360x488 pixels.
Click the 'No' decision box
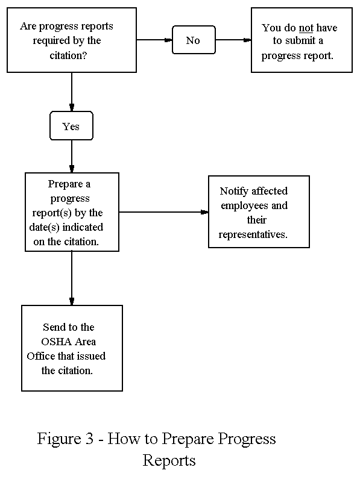pyautogui.click(x=192, y=40)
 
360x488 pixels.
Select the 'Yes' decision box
pyautogui.click(x=71, y=127)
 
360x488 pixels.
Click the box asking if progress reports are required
pyautogui.click(x=72, y=41)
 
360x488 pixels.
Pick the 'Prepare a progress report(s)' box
pyautogui.click(x=72, y=211)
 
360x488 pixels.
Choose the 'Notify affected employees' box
pyautogui.click(x=259, y=211)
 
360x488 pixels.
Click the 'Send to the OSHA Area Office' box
pyautogui.click(x=72, y=348)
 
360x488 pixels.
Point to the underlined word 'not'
pyautogui.click(x=306, y=28)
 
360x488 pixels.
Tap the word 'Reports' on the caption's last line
pyautogui.click(x=169, y=461)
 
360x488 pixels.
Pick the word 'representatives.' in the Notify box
pyautogui.click(x=253, y=234)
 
